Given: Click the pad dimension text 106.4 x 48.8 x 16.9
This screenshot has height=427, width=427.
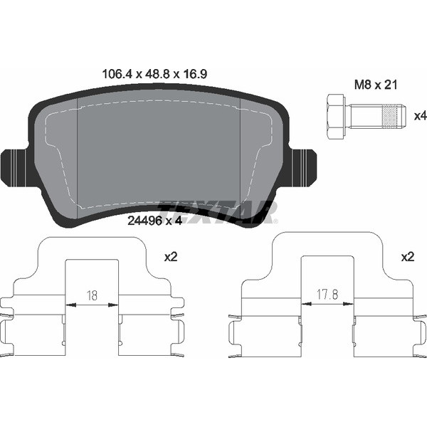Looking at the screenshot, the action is pyautogui.click(x=154, y=74).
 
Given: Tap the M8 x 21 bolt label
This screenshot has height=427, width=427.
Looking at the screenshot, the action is pyautogui.click(x=376, y=85).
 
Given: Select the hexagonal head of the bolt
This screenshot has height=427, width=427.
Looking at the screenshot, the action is pyautogui.click(x=336, y=117).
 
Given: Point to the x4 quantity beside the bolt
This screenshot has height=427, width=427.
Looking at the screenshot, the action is pyautogui.click(x=420, y=116).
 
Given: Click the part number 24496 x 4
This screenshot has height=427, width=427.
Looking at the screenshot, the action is pyautogui.click(x=154, y=221).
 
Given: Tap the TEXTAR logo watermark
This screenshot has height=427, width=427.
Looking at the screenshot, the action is pyautogui.click(x=218, y=212).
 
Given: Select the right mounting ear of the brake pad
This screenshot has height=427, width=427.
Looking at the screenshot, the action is pyautogui.click(x=303, y=168).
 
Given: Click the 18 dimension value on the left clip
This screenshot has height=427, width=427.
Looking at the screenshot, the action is pyautogui.click(x=92, y=295).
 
